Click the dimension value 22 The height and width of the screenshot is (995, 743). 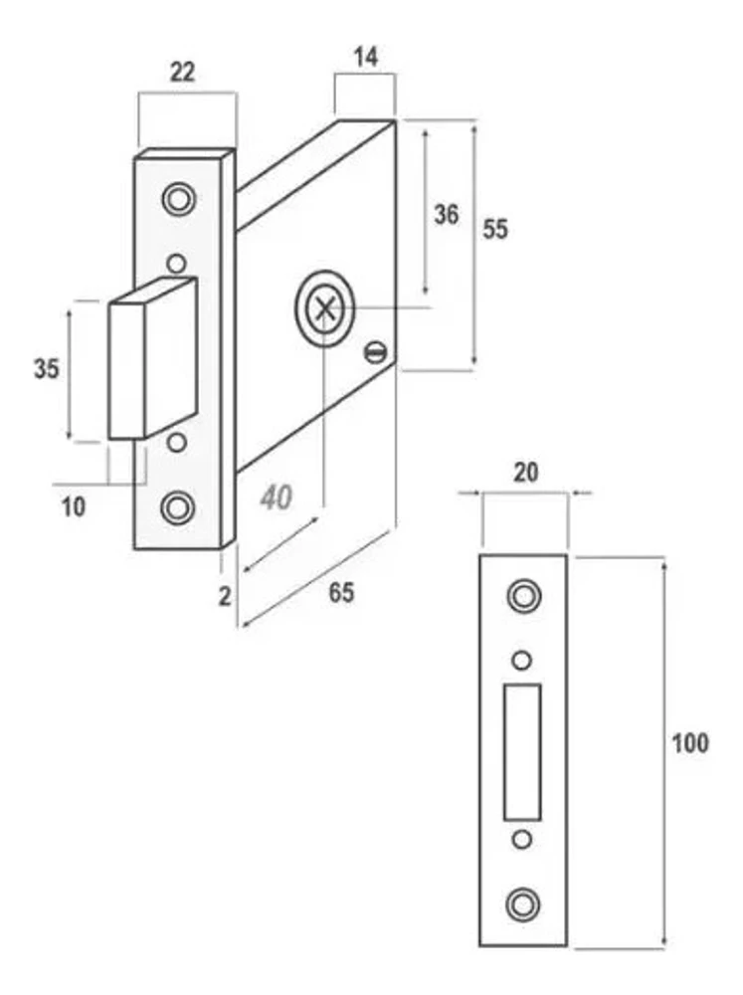click(x=182, y=73)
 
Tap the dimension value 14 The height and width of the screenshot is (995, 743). click(x=365, y=57)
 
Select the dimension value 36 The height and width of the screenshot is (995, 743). click(x=446, y=215)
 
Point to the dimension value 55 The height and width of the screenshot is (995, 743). click(x=495, y=229)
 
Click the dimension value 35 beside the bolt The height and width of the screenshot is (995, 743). click(x=47, y=369)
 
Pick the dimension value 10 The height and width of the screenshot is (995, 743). click(x=74, y=507)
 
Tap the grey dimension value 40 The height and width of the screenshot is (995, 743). click(x=276, y=497)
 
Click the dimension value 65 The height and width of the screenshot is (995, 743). click(x=341, y=593)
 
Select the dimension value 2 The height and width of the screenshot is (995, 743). click(x=225, y=596)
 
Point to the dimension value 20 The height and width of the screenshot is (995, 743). click(x=525, y=472)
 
